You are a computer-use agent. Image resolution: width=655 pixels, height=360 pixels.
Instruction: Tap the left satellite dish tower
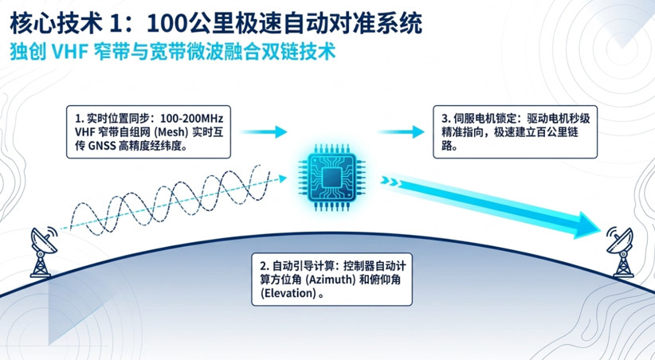(x=43, y=252)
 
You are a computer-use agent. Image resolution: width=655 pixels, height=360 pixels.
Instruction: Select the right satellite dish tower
(x=620, y=252)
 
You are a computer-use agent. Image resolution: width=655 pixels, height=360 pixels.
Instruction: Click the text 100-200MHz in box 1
(x=192, y=119)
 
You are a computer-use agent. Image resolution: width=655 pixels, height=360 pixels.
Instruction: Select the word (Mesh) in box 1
(x=171, y=132)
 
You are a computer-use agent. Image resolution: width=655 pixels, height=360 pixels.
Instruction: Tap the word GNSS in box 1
(x=102, y=146)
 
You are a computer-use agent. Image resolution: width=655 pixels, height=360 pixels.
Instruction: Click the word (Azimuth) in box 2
(x=331, y=280)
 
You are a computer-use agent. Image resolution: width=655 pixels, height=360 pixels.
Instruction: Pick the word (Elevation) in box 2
(x=288, y=293)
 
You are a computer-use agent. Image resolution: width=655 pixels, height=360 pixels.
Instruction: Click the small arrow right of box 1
(x=265, y=132)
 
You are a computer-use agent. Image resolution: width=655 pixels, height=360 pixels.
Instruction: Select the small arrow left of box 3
(x=402, y=132)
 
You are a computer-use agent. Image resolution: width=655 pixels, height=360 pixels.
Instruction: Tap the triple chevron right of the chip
(x=390, y=182)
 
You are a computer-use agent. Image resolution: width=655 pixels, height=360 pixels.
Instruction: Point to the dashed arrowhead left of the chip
(x=283, y=178)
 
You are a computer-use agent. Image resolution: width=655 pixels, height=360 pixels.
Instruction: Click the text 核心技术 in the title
(x=56, y=24)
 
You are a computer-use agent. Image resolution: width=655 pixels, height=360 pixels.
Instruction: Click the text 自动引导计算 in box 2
(x=300, y=266)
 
